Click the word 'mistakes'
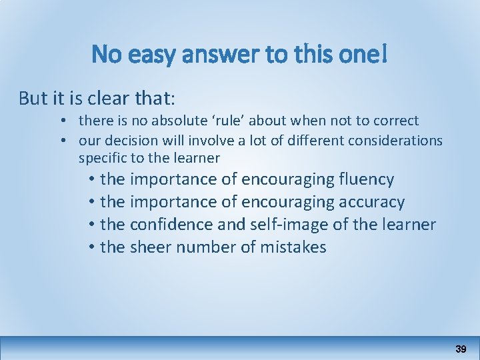pos(294,247)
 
